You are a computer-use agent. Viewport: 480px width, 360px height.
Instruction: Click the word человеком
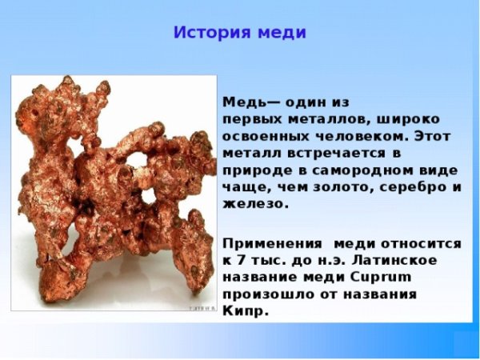click(362, 137)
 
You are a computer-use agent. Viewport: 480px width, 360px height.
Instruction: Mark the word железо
click(250, 204)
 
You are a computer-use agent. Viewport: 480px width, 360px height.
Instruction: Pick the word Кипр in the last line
click(242, 310)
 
